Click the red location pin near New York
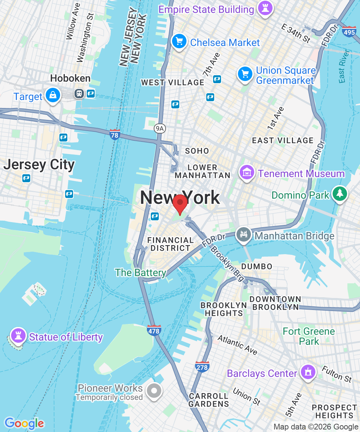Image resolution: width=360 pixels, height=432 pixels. [x=180, y=203]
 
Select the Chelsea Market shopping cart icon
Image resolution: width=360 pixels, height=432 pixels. [x=179, y=41]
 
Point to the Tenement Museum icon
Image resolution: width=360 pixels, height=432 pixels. [x=247, y=173]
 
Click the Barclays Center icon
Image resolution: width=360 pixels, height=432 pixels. [x=307, y=372]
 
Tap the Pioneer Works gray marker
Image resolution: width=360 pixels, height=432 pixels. [x=154, y=391]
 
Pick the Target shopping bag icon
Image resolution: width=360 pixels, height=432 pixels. [x=53, y=95]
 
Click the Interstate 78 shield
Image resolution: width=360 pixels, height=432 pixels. [x=115, y=134]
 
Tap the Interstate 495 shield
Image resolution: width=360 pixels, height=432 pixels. [x=349, y=32]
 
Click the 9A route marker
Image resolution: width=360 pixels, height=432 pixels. [x=159, y=128]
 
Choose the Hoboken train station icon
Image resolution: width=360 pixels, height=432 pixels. [x=79, y=94]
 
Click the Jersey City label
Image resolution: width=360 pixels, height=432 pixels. [x=39, y=165]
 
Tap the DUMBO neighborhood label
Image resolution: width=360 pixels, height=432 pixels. [x=257, y=266]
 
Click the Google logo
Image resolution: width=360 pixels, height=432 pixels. [x=24, y=423]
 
